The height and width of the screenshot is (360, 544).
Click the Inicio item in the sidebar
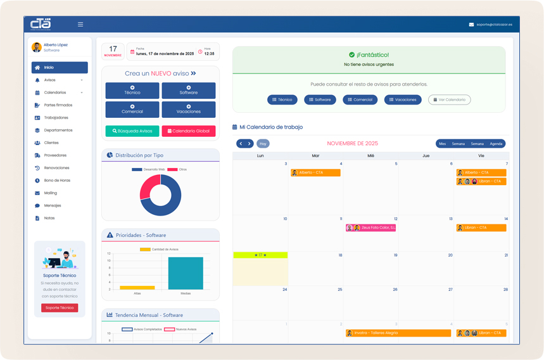[60, 67]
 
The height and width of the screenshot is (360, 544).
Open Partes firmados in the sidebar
[58, 105]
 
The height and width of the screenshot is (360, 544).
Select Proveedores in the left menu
[55, 155]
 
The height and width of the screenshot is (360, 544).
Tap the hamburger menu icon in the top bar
[80, 25]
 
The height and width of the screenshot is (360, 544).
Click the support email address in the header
[494, 25]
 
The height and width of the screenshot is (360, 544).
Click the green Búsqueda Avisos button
[132, 131]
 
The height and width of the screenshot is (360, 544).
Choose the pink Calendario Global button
[188, 131]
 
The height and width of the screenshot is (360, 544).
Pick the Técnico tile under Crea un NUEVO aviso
[132, 91]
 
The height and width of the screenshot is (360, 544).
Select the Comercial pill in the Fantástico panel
[360, 100]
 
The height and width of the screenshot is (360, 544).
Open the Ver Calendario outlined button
[449, 100]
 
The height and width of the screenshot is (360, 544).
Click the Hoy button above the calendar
[263, 144]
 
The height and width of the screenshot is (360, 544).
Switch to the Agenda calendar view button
[496, 144]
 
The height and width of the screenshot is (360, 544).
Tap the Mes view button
[442, 144]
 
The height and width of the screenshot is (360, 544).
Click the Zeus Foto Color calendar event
[370, 228]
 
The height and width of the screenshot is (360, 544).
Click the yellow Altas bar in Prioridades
[137, 288]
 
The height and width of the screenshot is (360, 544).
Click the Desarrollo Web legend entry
[148, 170]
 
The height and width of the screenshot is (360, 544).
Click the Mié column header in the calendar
[370, 155]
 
